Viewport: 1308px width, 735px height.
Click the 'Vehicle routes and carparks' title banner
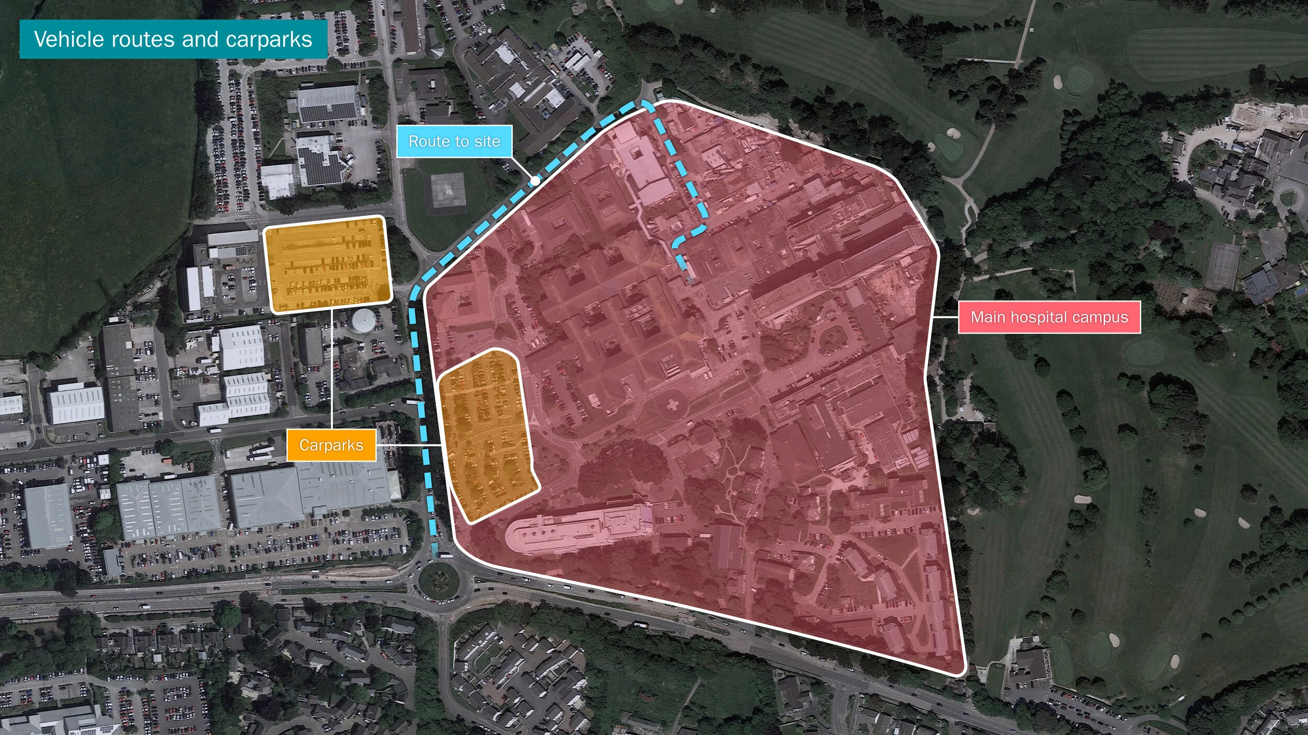click(x=173, y=39)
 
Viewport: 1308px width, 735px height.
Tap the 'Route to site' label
click(x=454, y=141)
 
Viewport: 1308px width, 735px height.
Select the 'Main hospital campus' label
click(x=1049, y=317)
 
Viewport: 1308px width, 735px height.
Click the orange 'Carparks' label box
click(x=331, y=445)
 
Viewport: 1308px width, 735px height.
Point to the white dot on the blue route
click(x=535, y=181)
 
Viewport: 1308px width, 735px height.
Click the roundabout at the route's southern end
click(x=438, y=580)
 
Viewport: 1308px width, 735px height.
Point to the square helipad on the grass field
click(x=447, y=191)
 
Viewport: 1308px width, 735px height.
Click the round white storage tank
click(x=363, y=320)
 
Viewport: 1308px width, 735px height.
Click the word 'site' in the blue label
click(x=487, y=141)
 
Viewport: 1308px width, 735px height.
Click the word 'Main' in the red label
click(x=986, y=317)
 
